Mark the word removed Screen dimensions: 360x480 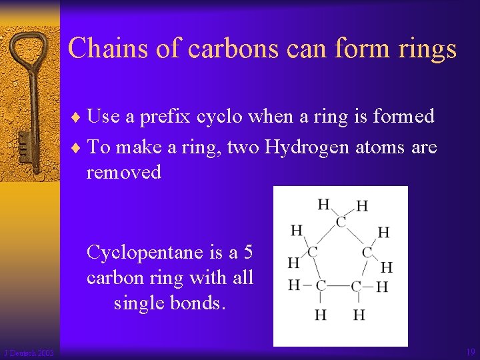[x=124, y=172]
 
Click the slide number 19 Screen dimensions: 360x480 [x=471, y=352]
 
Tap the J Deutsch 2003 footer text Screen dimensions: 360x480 [x=29, y=353]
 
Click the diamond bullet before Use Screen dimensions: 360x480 [x=81, y=117]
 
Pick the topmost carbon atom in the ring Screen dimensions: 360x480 [x=341, y=221]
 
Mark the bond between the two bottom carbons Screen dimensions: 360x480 [x=338, y=286]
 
